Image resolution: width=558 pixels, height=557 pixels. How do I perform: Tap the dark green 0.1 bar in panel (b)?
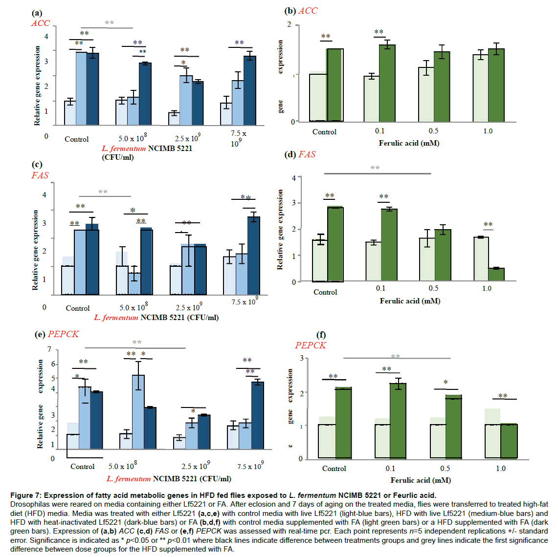[387, 83]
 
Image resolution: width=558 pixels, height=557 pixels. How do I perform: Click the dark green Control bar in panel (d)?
[335, 244]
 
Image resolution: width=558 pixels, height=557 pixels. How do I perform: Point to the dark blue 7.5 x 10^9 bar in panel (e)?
[258, 415]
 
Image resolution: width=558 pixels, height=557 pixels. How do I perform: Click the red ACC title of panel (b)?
[308, 11]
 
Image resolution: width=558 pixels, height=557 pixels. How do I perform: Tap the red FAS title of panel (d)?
[307, 154]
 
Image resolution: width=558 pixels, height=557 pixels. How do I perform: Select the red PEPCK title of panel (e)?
[63, 334]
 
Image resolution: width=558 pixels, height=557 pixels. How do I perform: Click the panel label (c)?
[37, 165]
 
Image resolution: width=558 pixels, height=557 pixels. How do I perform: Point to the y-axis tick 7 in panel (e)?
[49, 349]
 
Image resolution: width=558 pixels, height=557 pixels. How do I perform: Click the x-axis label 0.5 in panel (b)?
[433, 131]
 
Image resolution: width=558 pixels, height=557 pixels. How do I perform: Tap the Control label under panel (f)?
[334, 469]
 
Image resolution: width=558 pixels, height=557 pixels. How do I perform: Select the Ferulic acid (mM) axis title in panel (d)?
[410, 301]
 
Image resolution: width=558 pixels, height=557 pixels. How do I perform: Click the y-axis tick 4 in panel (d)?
[294, 178]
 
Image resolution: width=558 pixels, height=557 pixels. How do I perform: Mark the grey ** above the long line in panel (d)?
[375, 168]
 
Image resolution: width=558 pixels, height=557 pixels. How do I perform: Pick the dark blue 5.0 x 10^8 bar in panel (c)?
[147, 262]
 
